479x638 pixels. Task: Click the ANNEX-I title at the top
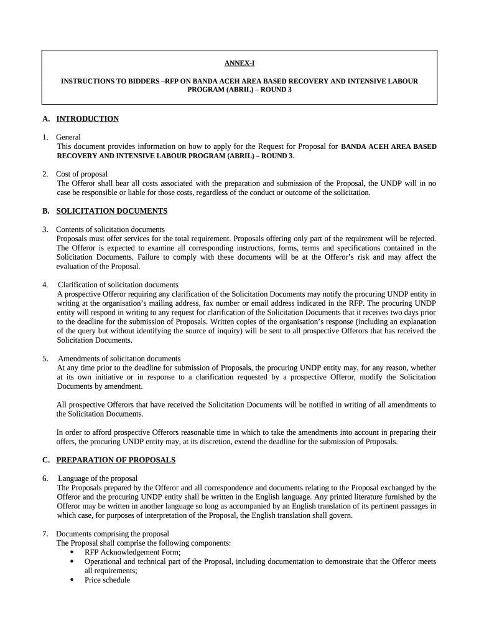coord(239,64)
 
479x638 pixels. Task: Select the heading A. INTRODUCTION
coord(87,118)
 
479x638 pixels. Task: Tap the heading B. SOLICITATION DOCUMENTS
coord(111,211)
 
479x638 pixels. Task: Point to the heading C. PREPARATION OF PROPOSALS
coord(116,460)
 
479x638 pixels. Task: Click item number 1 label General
coord(68,137)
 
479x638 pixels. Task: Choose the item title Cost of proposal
coord(81,174)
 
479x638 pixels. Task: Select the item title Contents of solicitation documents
coord(110,229)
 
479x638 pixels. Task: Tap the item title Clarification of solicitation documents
coord(118,285)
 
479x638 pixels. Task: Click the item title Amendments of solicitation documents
coord(119,358)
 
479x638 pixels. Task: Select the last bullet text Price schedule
coord(107,579)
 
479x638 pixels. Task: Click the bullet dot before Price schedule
coord(72,580)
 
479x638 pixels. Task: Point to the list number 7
coord(45,533)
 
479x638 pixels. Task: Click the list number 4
coord(45,285)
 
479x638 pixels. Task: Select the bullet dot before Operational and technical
coord(72,561)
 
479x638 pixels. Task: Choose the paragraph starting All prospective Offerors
coord(246,409)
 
